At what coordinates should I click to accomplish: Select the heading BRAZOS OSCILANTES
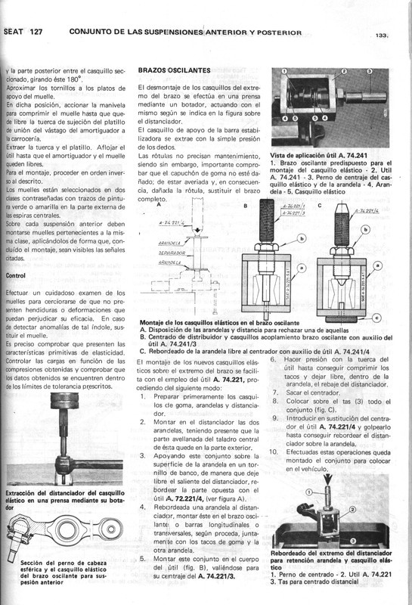(x=174, y=70)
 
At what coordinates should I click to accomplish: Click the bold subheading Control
(x=16, y=276)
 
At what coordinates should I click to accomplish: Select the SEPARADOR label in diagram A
(x=175, y=251)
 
